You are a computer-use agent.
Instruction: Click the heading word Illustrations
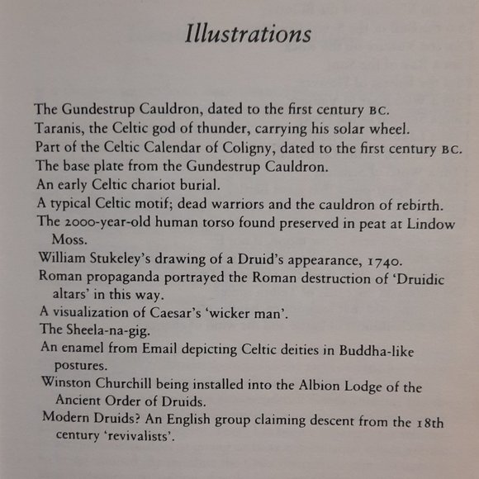coord(248,35)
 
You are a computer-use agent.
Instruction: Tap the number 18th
coord(429,424)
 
